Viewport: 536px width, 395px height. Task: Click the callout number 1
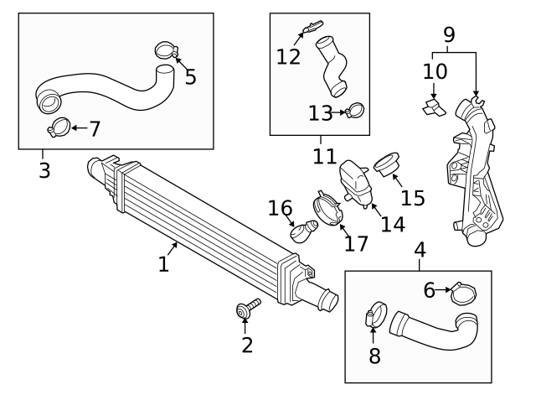coord(164,264)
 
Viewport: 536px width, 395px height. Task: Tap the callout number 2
coord(246,345)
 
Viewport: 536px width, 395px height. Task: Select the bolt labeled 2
coord(247,309)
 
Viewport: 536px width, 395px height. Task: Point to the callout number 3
coord(44,170)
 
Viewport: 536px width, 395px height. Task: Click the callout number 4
coord(420,249)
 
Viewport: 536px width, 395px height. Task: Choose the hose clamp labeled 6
coord(463,294)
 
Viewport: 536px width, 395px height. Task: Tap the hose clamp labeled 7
coord(59,128)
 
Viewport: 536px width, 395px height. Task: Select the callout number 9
coord(449,35)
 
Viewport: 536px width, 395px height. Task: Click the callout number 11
coord(325,156)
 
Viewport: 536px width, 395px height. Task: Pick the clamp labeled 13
coord(355,110)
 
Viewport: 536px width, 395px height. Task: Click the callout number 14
coord(392,225)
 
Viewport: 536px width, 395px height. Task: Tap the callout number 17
coord(355,243)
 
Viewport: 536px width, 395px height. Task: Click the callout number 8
coord(374,355)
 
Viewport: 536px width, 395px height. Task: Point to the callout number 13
coord(320,112)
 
